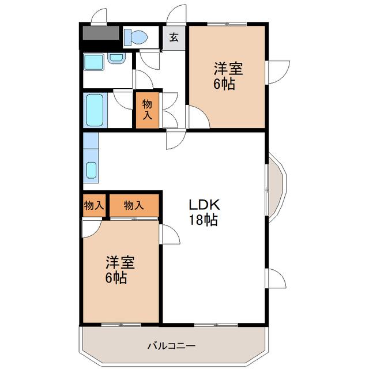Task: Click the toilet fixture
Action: (x=135, y=37)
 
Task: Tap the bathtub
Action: (x=95, y=110)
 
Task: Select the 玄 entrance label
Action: (x=174, y=37)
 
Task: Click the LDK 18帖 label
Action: (x=204, y=212)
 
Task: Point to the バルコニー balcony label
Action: (x=172, y=346)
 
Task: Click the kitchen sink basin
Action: (x=91, y=170)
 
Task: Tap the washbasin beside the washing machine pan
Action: (x=116, y=58)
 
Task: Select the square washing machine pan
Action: (x=93, y=62)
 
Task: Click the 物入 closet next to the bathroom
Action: (x=147, y=110)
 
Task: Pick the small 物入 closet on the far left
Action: (x=94, y=205)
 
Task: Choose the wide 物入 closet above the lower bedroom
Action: (x=134, y=205)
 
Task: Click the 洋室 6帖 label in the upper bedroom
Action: (x=227, y=76)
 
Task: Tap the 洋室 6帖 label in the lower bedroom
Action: (x=119, y=269)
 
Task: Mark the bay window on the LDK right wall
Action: (x=276, y=187)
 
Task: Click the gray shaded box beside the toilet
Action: (x=101, y=33)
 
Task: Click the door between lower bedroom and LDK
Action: (x=170, y=235)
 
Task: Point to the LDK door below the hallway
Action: (x=176, y=139)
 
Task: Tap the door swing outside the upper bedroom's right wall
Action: (x=278, y=72)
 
